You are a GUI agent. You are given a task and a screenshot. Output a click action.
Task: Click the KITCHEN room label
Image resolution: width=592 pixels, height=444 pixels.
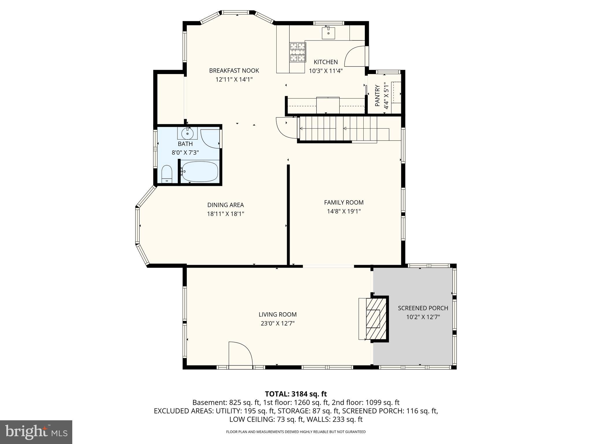325,62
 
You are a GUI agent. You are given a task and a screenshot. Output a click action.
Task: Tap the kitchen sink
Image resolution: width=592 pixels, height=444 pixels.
329,32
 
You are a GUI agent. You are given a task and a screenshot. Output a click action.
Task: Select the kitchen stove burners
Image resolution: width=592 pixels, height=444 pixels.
297,52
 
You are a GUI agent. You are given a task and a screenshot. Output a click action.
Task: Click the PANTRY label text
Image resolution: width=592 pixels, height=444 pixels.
377,95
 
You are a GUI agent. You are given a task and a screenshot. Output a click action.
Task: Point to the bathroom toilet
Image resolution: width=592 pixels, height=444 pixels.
167,174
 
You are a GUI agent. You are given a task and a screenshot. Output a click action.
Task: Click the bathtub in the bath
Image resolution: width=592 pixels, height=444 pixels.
199,172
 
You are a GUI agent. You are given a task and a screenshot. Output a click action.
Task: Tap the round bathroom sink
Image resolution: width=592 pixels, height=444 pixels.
187,134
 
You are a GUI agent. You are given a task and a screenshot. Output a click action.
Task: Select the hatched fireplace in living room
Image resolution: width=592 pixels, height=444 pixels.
376,319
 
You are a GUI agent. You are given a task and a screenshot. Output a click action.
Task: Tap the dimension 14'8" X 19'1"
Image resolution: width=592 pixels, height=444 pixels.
344,211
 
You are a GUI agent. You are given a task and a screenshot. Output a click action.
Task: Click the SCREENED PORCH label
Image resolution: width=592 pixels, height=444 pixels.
423,308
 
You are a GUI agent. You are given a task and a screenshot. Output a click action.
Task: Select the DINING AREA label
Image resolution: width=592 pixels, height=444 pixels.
225,205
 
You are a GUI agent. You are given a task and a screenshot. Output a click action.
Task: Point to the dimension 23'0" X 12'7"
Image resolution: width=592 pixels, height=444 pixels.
277,323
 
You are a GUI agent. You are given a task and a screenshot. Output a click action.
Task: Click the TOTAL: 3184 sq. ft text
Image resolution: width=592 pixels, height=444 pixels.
296,394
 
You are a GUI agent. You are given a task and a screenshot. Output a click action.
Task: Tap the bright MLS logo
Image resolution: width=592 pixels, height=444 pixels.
36,432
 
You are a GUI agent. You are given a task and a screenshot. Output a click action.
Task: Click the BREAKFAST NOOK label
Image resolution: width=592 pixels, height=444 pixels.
234,71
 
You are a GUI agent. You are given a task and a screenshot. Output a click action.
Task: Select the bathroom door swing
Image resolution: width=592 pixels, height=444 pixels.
210,139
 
